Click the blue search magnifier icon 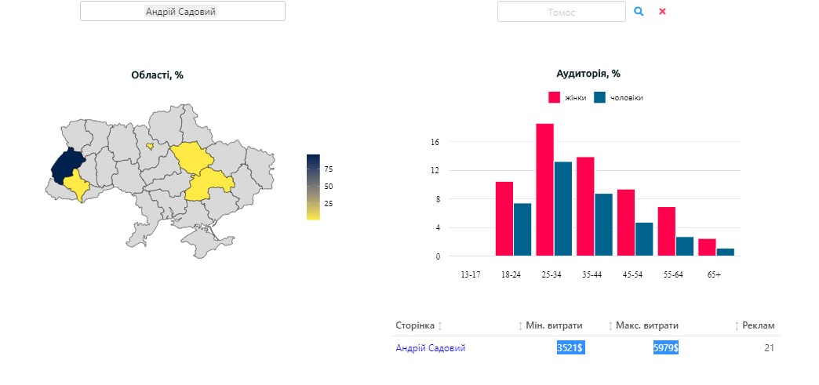[639, 12]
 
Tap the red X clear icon [662, 12]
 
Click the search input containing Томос [561, 12]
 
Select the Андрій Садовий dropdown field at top [182, 12]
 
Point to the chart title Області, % [157, 75]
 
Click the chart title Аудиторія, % [588, 74]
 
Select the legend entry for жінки [567, 98]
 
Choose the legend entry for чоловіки [619, 98]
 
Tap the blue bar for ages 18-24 [522, 229]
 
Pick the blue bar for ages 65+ [725, 252]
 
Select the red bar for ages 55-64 [666, 231]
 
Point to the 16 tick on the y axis [435, 142]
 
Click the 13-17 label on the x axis [471, 275]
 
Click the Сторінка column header [415, 325]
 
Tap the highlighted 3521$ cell [570, 347]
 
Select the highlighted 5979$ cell [665, 347]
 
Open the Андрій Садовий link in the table [430, 348]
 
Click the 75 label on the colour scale [329, 169]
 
